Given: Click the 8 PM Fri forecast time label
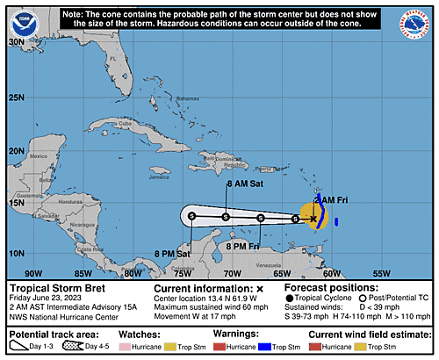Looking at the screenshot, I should (242, 247).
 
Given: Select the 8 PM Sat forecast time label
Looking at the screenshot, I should (172, 254).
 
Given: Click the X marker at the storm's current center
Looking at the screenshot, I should (313, 219).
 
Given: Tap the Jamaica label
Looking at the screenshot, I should (159, 176).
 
